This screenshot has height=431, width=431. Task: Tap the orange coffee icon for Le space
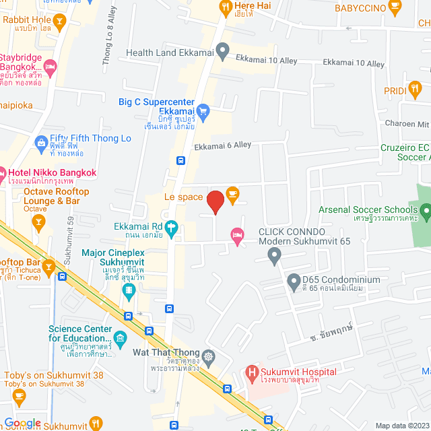[232, 194]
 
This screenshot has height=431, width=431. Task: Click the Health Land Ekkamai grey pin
[223, 50]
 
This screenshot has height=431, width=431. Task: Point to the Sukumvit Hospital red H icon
[251, 371]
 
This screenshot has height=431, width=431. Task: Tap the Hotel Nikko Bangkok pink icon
[3, 173]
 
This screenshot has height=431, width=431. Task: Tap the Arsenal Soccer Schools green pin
[426, 213]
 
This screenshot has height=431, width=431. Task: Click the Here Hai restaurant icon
[226, 7]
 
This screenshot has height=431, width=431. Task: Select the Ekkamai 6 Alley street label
[222, 145]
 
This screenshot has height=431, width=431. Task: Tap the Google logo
[23, 424]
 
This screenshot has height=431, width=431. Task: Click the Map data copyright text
[401, 426]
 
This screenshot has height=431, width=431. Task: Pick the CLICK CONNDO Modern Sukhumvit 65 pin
[273, 255]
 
